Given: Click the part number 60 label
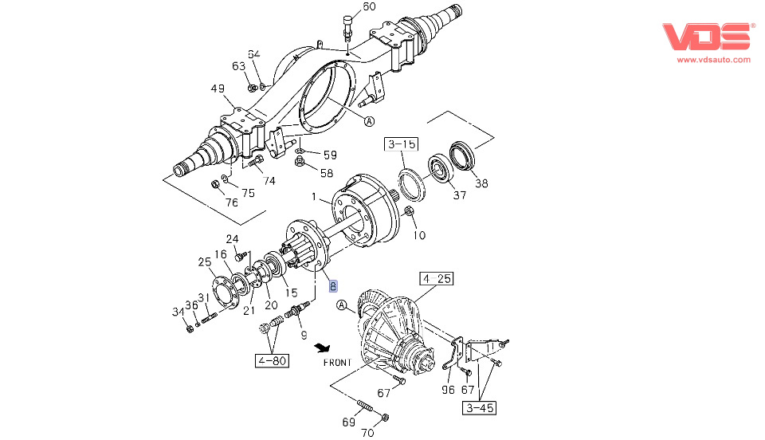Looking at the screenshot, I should (x=369, y=7).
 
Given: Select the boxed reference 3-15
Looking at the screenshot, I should (x=402, y=144).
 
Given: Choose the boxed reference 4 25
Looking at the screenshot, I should (x=437, y=279).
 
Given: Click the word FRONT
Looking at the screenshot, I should (x=337, y=363).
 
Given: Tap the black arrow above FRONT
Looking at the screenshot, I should (x=323, y=348).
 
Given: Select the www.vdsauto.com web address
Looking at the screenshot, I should (x=713, y=59).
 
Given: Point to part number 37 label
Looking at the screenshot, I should (x=458, y=196).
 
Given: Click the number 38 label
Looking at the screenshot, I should (x=481, y=183).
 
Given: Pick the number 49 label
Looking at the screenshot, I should (x=218, y=88).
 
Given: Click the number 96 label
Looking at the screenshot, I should (x=448, y=391).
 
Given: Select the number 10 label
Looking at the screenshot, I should (x=419, y=235).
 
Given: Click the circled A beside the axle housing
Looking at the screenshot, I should (x=370, y=121).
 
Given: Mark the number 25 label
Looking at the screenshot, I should (x=205, y=261).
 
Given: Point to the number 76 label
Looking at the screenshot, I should (x=231, y=202).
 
